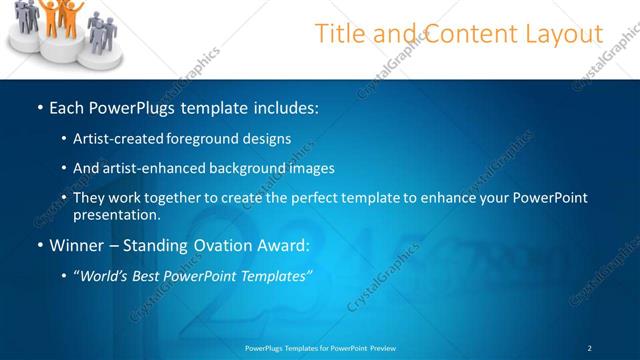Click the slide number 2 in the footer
click(590, 347)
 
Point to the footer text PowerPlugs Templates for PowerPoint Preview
click(320, 347)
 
